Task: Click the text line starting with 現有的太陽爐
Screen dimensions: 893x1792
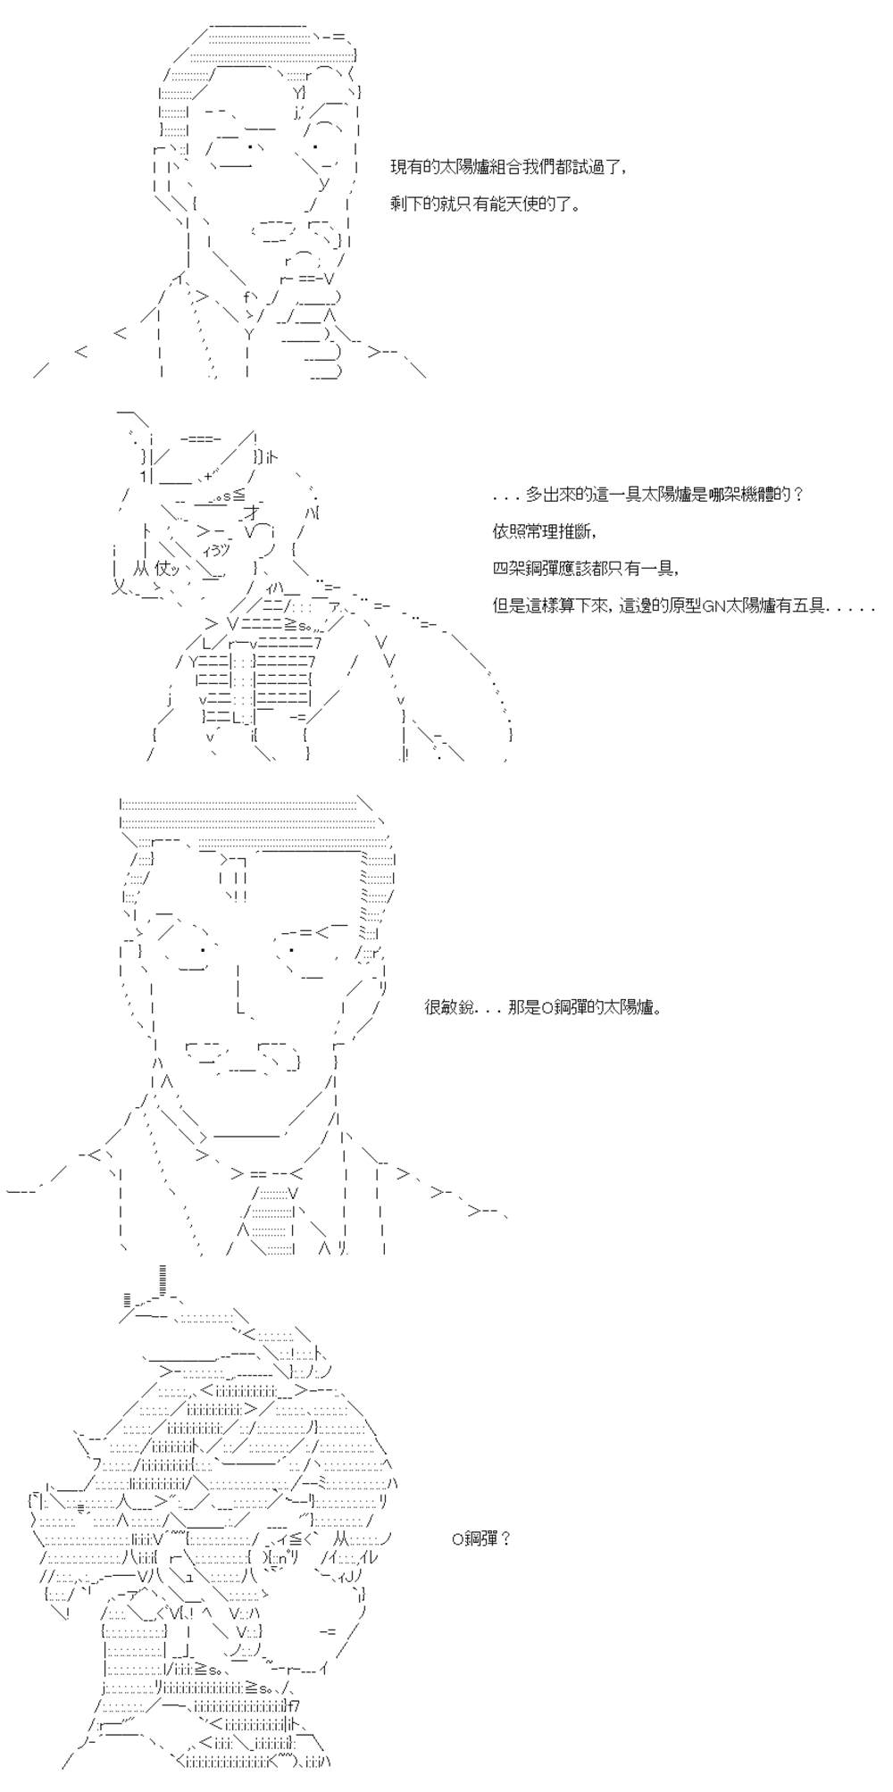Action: [x=508, y=167]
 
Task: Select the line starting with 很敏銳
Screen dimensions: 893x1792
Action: [x=543, y=1008]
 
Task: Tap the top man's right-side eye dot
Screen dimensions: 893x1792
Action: [x=316, y=146]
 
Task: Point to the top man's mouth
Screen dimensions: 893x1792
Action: [x=277, y=231]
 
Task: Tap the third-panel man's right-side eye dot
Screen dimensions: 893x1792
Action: [x=292, y=949]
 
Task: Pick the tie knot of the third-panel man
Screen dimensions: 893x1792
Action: [x=264, y=1173]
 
